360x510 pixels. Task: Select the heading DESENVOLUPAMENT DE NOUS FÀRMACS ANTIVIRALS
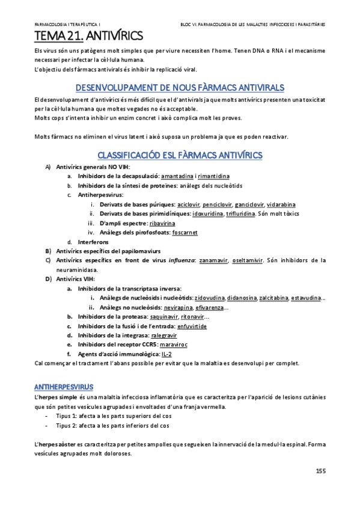point(179,87)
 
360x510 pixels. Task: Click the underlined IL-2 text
point(158,355)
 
